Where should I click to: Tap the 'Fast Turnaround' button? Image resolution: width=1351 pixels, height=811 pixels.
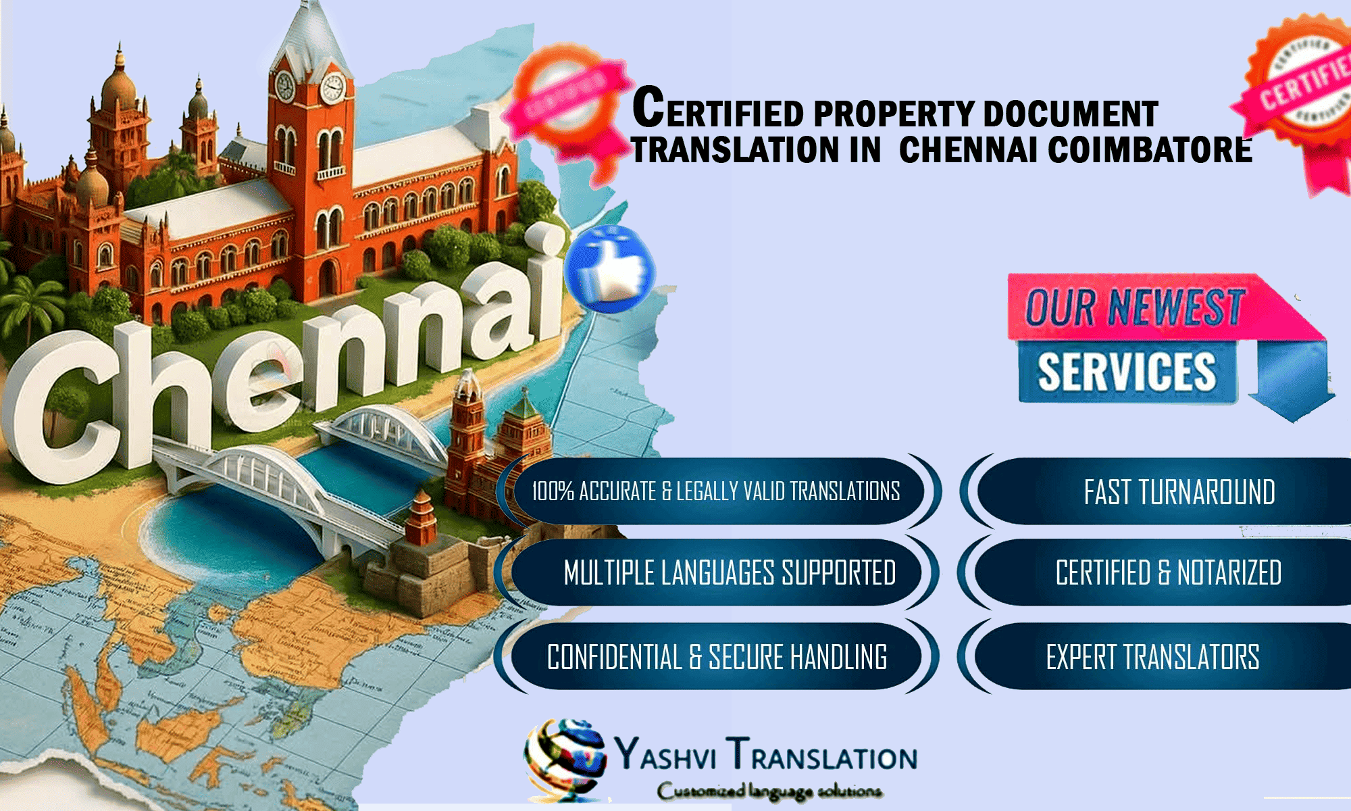point(1179,491)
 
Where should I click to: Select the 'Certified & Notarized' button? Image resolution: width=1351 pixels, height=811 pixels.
point(1168,572)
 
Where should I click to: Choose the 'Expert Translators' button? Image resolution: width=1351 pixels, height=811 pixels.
point(1152,657)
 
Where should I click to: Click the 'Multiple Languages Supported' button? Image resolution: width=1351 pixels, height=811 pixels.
point(729,572)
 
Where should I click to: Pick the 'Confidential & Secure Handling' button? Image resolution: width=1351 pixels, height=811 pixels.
point(717,657)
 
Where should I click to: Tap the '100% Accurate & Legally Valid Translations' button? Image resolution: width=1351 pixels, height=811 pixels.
point(715,491)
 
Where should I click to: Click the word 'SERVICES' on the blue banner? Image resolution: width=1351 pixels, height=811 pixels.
point(1127,372)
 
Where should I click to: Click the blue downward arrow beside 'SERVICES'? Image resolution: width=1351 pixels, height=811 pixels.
point(1290,382)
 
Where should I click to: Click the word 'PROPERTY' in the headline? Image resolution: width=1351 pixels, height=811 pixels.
point(894,114)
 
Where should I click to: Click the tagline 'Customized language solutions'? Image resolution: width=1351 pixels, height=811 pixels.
point(769,791)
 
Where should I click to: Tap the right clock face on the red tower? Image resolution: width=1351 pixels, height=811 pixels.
point(332,88)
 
